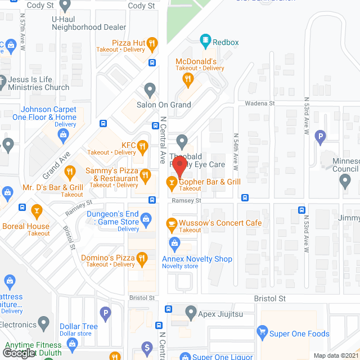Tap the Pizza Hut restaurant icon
152,43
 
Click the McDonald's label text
196,61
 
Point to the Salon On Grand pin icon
150,89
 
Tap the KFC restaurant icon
143,148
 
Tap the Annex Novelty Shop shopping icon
174,243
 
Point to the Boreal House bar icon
37,212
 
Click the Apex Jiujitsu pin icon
191,311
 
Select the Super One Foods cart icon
262,333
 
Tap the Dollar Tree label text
79,326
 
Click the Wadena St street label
259,103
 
